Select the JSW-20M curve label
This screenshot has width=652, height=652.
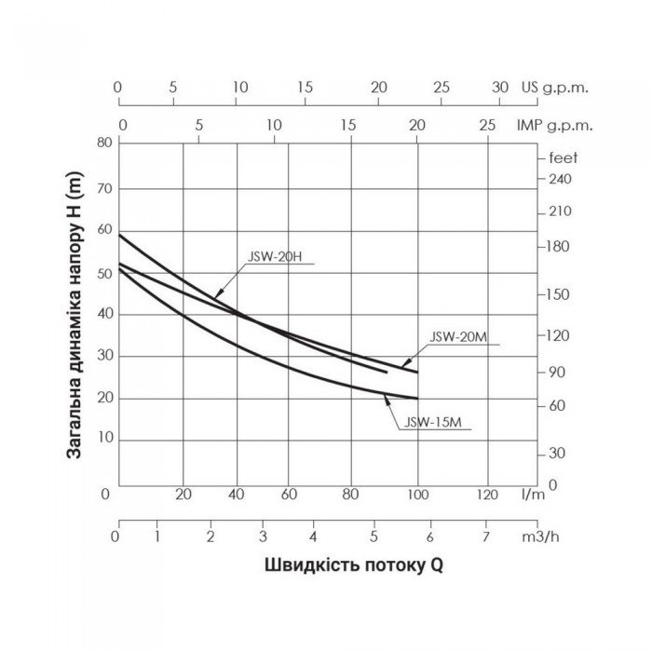pos(460,337)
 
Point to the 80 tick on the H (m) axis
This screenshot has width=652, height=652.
pos(103,143)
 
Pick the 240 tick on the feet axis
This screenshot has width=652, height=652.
pos(559,178)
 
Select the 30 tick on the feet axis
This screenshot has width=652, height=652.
pos(557,453)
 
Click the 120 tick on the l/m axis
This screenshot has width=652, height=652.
pos(485,493)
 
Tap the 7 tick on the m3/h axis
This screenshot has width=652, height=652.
pos(484,537)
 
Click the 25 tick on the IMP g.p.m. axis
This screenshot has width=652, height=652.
pos(486,125)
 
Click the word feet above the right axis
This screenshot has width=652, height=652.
pos(564,157)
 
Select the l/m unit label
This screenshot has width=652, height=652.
pos(534,493)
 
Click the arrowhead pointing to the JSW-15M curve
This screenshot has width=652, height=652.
pos(387,401)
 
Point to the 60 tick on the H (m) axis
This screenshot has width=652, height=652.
pos(103,229)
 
